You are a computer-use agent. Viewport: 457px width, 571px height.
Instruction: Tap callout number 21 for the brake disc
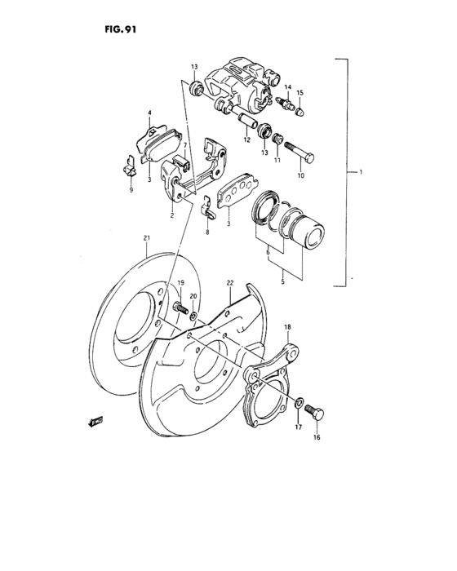(146, 238)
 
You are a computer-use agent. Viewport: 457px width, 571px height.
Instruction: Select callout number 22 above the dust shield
(230, 283)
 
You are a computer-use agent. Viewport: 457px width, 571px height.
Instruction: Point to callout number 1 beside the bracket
(360, 173)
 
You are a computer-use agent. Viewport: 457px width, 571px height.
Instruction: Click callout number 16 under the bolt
(317, 437)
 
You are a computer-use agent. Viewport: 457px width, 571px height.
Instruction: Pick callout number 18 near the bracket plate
(286, 326)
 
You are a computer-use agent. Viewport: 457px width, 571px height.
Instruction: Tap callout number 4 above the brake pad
(149, 113)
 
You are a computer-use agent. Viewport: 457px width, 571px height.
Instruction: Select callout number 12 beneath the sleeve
(246, 140)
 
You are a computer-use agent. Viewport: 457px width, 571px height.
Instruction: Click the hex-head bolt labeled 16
(316, 414)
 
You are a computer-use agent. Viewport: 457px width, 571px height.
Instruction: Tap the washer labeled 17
(299, 401)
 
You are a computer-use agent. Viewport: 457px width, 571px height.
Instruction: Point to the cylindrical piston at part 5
(309, 229)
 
